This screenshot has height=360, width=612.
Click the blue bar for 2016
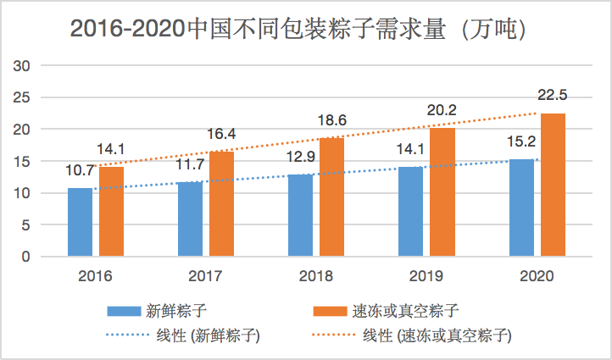pyautogui.click(x=81, y=222)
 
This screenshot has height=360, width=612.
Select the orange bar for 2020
pyautogui.click(x=553, y=185)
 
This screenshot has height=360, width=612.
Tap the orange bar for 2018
pyautogui.click(x=332, y=197)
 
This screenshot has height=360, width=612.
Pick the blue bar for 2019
pyautogui.click(x=411, y=212)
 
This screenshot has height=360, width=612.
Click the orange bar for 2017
pyautogui.click(x=222, y=203)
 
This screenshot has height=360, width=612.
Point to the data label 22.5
pyautogui.click(x=553, y=94)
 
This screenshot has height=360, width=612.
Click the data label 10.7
pyautogui.click(x=81, y=170)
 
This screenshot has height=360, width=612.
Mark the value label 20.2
pyautogui.click(x=442, y=109)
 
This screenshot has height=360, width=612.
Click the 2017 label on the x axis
pyautogui.click(x=206, y=276)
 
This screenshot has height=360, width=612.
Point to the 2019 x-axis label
pyautogui.click(x=426, y=276)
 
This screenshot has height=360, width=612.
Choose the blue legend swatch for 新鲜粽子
pyautogui.click(x=125, y=310)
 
